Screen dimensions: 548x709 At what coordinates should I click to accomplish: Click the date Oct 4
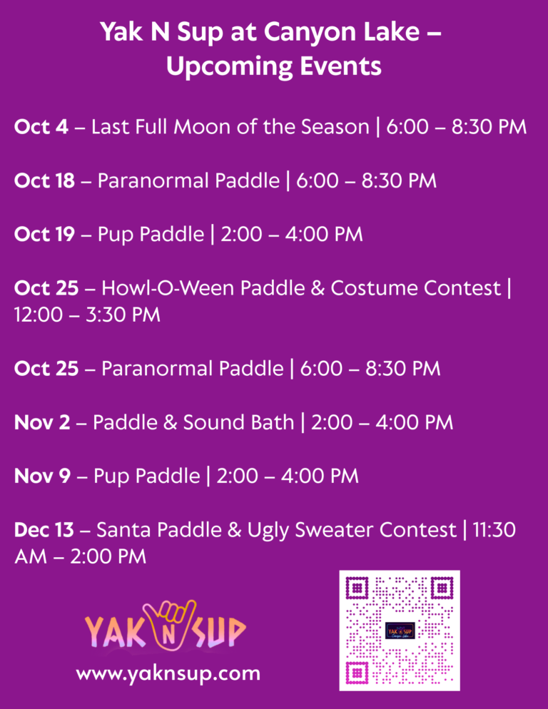pos(41,127)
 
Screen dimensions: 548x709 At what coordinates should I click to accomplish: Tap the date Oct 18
pos(44,180)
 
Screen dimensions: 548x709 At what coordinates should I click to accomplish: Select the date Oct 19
pos(44,234)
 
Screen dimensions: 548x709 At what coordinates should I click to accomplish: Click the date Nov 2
pos(42,422)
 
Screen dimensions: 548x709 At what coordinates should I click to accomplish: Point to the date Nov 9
pos(42,476)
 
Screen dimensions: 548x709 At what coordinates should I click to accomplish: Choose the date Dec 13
pos(44,530)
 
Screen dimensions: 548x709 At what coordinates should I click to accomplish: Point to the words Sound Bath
pos(238,422)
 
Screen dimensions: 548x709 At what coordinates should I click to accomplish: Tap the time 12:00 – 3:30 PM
pos(87,315)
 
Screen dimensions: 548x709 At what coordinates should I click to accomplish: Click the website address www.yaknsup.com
pos(168,674)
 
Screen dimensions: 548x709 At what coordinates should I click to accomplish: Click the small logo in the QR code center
pos(400,631)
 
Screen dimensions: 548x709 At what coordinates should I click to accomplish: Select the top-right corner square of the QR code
pos(442,588)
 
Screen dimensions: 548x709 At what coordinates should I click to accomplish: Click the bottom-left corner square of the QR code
pos(357,673)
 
